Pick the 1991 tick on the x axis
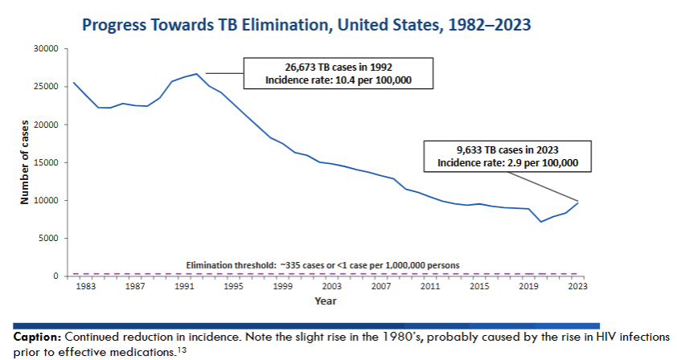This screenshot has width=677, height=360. coord(185,287)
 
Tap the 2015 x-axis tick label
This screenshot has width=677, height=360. coord(480,287)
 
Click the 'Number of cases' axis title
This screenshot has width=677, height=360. coord(25,162)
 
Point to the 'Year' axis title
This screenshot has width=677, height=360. coord(326,301)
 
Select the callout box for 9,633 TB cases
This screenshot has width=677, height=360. coord(507,156)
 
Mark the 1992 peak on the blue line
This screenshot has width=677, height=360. coord(197,74)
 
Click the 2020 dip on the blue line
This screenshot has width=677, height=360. coord(541,222)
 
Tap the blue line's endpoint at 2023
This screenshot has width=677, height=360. coord(578,202)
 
